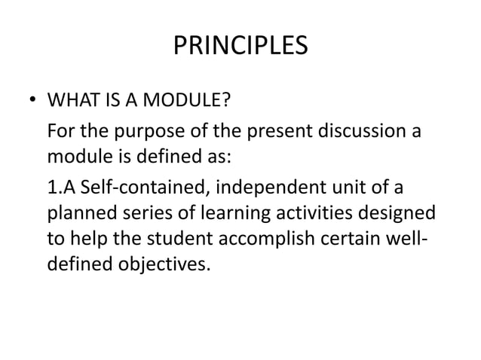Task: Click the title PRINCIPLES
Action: (x=240, y=47)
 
